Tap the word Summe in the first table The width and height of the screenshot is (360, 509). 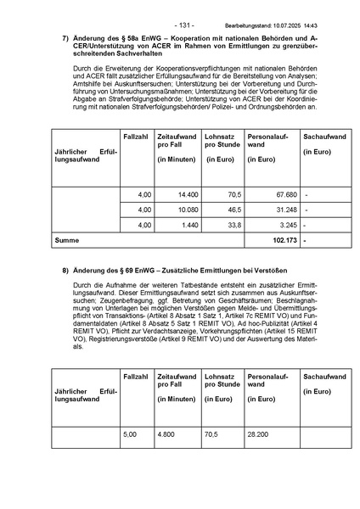(x=66, y=241)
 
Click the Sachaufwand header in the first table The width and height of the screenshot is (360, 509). (x=323, y=136)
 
